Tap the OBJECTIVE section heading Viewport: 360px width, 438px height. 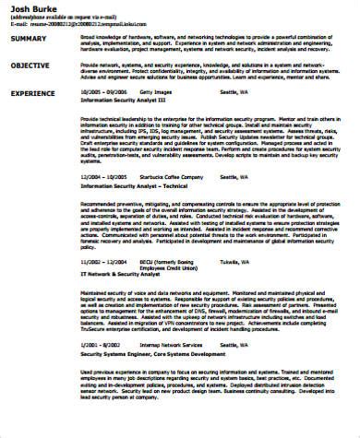point(30,67)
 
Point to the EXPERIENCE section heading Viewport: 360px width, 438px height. point(33,95)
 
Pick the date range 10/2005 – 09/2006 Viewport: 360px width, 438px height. point(102,94)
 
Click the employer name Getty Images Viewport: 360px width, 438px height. point(168,94)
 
